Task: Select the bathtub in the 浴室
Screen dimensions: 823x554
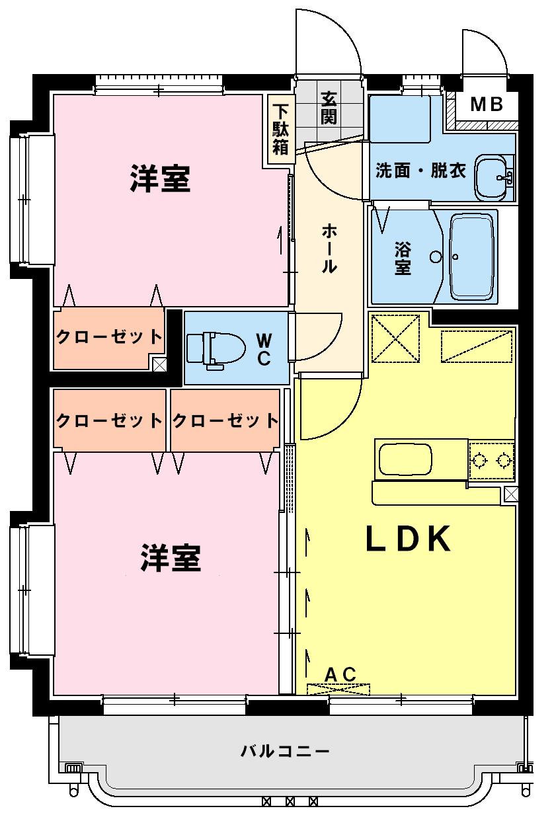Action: tap(472, 256)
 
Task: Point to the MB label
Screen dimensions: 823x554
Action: tap(487, 104)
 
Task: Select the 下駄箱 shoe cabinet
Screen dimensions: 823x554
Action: tap(281, 130)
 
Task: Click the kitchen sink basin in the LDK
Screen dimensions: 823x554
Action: tap(404, 458)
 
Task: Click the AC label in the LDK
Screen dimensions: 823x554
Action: tap(340, 674)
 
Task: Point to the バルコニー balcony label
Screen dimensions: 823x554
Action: tap(285, 751)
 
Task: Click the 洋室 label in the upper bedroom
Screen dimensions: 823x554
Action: tap(160, 178)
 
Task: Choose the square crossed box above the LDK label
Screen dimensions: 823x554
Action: tap(397, 338)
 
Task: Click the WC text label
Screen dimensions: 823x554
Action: tap(263, 349)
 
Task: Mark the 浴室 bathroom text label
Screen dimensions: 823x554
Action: tap(403, 258)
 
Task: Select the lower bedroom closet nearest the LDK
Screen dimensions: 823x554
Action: tap(225, 420)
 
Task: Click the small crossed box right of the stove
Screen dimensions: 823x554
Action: tap(510, 493)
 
